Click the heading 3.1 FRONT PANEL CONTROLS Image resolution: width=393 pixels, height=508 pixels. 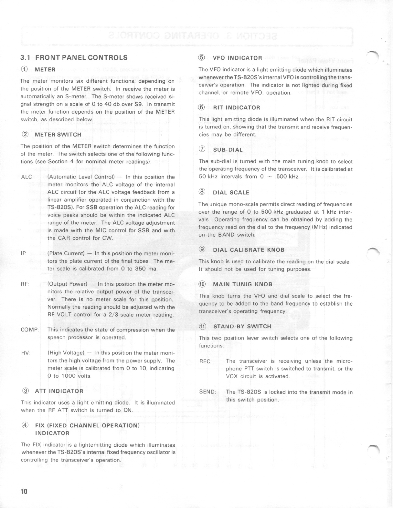[74, 58]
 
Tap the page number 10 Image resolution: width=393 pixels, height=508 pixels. [24, 492]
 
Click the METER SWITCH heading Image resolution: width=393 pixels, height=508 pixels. [58, 134]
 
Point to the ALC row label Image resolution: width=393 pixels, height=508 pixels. [26, 177]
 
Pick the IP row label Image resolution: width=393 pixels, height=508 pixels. [23, 253]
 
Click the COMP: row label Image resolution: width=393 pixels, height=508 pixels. [30, 330]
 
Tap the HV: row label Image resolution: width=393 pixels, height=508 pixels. [26, 353]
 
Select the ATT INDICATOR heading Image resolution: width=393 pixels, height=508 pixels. [59, 391]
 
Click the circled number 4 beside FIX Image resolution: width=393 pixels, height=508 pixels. [25, 425]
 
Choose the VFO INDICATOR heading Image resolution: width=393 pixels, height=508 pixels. [237, 58]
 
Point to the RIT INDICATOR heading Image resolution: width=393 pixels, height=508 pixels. [236, 107]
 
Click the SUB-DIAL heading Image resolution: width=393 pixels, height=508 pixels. [228, 150]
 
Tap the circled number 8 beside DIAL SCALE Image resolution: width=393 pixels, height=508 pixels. [202, 192]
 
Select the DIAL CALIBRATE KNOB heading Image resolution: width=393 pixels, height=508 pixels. [249, 249]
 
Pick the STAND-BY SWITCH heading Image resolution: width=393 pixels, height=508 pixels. [242, 326]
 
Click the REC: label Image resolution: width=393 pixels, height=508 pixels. [205, 361]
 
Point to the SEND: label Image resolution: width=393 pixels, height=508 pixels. [207, 392]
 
